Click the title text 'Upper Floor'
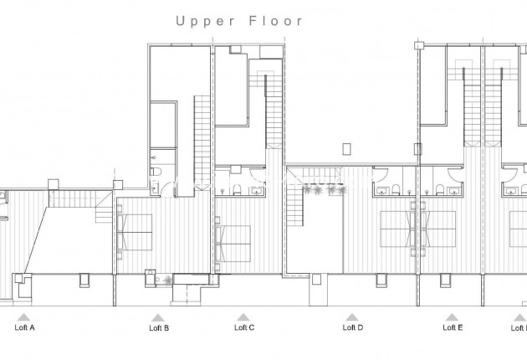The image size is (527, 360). (238, 21)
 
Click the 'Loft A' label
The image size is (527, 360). (25, 328)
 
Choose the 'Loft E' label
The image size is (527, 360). (452, 328)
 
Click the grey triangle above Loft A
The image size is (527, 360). (25, 317)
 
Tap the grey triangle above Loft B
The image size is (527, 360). (157, 317)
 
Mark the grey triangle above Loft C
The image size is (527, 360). (243, 317)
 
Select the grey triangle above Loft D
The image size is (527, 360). (351, 317)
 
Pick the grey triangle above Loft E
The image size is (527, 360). (452, 317)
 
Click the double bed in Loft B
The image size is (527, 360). (136, 232)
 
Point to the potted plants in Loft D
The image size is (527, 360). (325, 191)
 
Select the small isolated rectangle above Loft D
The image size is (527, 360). (345, 148)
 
